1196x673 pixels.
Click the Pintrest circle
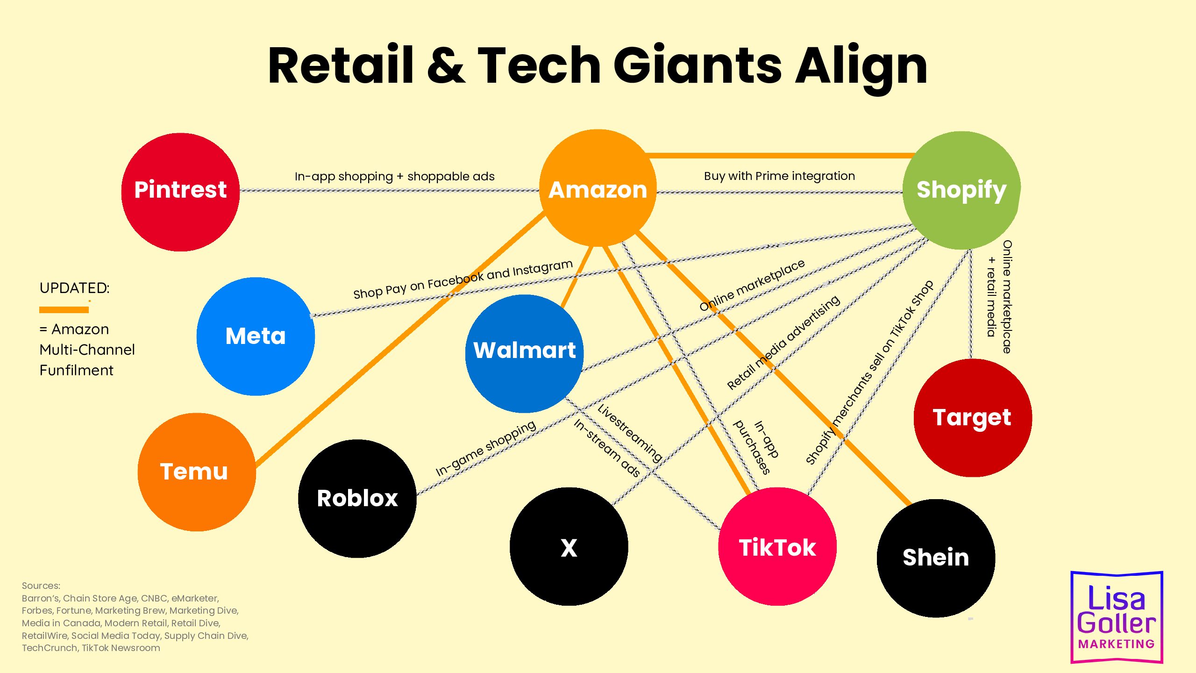click(180, 192)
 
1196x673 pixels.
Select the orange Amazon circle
click(598, 188)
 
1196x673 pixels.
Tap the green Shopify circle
click(961, 190)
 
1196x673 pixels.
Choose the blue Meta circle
click(256, 336)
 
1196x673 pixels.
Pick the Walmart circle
click(524, 354)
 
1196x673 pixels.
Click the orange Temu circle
click(197, 472)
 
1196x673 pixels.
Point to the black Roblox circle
click(357, 499)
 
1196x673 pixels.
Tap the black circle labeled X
click(569, 547)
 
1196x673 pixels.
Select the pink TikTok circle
click(777, 547)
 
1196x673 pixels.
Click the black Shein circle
click(936, 558)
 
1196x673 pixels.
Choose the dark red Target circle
click(973, 418)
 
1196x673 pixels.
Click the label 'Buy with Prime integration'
click(779, 176)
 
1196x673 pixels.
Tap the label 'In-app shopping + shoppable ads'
click(394, 177)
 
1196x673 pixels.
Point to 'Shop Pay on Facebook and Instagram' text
click(463, 279)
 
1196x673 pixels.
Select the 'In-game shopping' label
click(486, 448)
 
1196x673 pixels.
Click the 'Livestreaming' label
click(630, 433)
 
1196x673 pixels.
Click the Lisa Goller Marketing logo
click(1117, 617)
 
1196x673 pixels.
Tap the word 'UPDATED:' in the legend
click(74, 288)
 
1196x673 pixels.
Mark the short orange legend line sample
click(64, 309)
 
